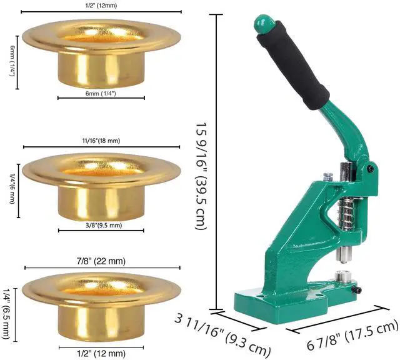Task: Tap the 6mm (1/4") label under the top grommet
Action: tap(101, 92)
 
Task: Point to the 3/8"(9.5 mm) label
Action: tap(101, 225)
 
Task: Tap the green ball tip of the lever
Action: tap(265, 24)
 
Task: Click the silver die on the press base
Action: tap(342, 277)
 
